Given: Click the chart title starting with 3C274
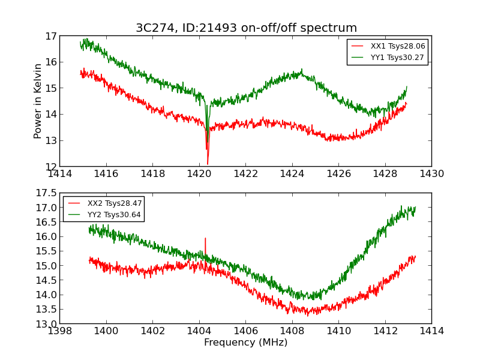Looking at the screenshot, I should (246, 28).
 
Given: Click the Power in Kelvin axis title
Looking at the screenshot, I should (38, 101).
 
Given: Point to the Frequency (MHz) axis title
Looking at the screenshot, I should (245, 343).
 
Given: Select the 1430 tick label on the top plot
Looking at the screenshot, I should (431, 174).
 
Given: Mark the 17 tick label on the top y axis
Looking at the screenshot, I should (51, 36).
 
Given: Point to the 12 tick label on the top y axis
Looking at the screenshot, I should (51, 166).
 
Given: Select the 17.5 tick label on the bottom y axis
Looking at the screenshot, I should (47, 193).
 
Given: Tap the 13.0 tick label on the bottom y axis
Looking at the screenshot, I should (47, 324).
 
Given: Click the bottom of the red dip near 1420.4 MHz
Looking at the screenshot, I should (208, 163).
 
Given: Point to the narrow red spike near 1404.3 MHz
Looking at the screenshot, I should (205, 239).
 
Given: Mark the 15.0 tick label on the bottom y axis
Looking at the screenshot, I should (47, 266).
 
